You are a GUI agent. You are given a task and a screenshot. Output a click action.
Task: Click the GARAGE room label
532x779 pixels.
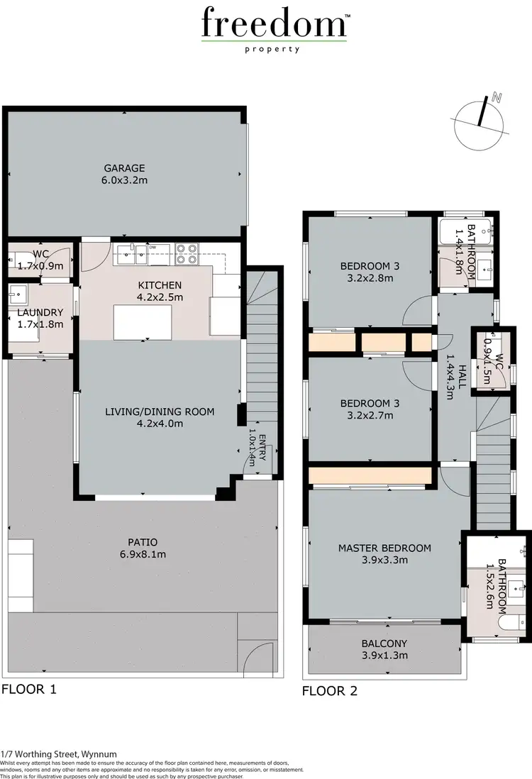click(x=124, y=168)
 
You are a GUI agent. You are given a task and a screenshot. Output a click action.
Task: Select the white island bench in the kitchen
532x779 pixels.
click(x=142, y=323)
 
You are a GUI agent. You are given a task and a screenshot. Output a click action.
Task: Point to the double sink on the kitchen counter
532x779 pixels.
click(x=133, y=250)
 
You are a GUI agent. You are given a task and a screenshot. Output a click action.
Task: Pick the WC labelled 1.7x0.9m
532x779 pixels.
click(x=40, y=266)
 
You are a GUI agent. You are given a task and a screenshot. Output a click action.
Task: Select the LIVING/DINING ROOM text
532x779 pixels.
click(x=160, y=411)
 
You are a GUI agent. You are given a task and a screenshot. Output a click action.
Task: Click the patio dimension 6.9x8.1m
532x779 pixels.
click(x=143, y=555)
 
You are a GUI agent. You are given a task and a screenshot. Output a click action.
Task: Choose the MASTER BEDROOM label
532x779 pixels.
click(x=384, y=548)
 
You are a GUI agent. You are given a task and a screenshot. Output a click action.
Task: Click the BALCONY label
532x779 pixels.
click(x=384, y=643)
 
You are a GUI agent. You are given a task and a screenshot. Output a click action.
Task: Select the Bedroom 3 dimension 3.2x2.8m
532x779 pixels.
click(x=370, y=279)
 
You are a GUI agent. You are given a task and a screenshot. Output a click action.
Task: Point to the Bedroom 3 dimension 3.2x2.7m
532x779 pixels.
click(x=370, y=415)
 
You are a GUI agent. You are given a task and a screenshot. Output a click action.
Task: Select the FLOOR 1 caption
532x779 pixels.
click(x=28, y=689)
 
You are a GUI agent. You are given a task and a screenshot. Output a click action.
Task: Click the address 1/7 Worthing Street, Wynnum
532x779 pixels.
click(x=59, y=754)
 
